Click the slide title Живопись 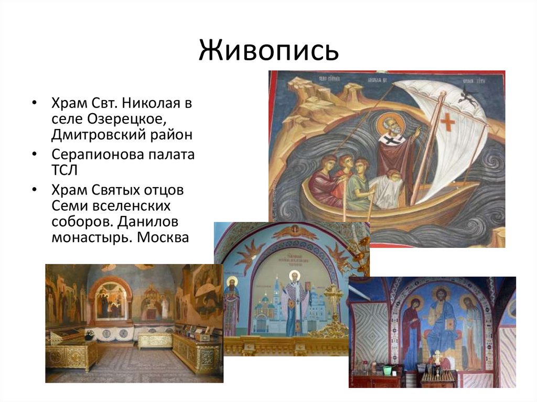pos(268,51)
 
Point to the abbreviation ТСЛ pos(65,170)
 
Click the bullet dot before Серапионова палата pos(35,156)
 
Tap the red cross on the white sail pos(447,121)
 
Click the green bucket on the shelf pos(387,370)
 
